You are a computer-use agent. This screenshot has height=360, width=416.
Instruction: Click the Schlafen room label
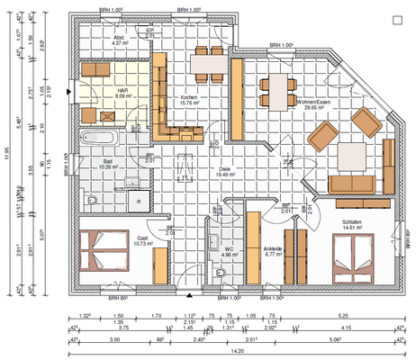351,226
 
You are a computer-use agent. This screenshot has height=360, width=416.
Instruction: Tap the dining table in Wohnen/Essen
277,88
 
